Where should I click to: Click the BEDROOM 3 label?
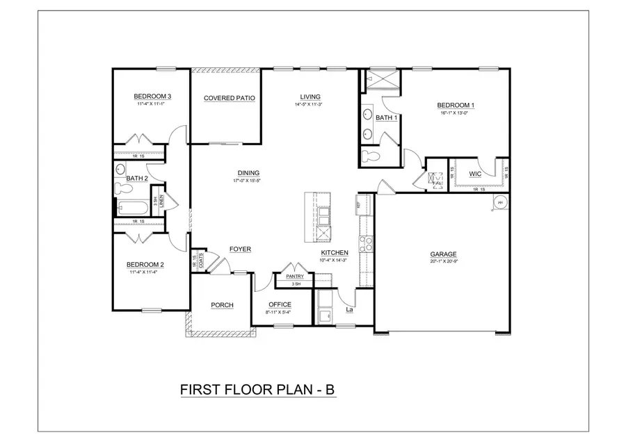coord(154,96)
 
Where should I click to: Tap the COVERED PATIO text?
coord(229,99)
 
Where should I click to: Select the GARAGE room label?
coord(443,254)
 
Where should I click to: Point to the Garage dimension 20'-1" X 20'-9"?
coord(443,263)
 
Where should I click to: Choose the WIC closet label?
coord(476,174)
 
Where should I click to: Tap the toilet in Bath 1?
coord(369,156)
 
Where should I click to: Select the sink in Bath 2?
coord(120,169)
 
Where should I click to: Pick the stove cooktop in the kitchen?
coord(366,244)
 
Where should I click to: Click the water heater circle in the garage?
coord(500,202)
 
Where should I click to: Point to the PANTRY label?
coord(295,277)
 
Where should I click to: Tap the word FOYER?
coord(240,249)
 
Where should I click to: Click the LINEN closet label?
coord(161,201)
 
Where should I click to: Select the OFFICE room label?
coord(279,305)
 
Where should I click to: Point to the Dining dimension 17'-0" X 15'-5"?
coord(248,181)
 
